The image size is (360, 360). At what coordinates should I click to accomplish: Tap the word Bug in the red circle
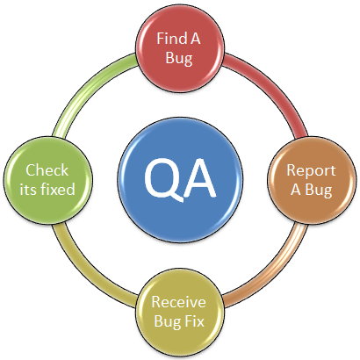click(179, 58)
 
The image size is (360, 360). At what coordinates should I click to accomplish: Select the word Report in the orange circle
click(311, 170)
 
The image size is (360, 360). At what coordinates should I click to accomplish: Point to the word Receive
click(178, 302)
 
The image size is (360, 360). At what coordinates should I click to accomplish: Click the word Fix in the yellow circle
click(194, 321)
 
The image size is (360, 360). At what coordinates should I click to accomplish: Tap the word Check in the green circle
click(47, 170)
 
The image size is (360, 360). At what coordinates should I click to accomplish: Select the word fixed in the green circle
click(58, 189)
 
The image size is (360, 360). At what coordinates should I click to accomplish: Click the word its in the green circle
click(28, 190)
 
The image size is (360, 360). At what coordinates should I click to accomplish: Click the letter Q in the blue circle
click(161, 180)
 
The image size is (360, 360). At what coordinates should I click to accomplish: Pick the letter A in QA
click(198, 179)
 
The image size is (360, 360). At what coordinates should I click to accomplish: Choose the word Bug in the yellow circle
click(168, 321)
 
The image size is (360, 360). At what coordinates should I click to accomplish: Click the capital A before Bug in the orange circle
click(296, 190)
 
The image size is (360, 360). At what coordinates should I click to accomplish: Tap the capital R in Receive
click(156, 302)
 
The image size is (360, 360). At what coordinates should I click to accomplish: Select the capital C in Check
click(31, 170)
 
